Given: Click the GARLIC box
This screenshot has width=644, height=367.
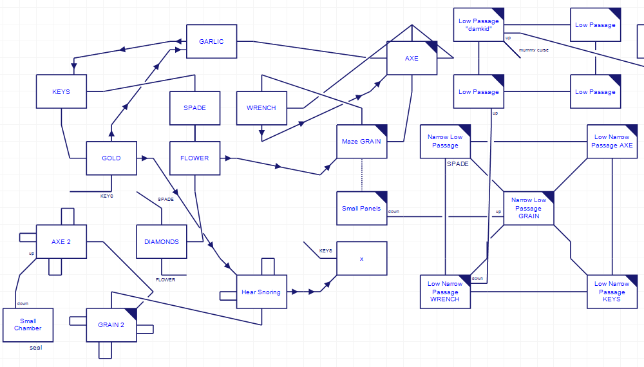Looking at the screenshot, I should click(211, 42).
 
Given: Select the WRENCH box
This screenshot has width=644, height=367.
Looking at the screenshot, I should click(261, 108).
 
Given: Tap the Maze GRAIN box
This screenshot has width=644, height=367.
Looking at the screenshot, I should click(361, 142).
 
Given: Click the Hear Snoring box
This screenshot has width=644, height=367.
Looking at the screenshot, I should click(261, 292).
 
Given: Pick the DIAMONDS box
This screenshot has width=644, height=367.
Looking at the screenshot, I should click(162, 241).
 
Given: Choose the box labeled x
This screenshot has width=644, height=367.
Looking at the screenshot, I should click(361, 258).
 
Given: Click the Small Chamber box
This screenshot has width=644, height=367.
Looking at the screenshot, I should click(28, 325).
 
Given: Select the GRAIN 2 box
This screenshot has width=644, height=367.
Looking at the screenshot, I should click(111, 325).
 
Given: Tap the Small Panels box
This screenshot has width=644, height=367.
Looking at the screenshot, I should click(361, 208).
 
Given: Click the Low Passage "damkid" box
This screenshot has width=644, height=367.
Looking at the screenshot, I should click(478, 25).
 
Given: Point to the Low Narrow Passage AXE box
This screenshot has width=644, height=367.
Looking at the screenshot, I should click(612, 141).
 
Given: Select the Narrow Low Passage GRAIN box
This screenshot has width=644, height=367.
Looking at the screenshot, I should click(528, 208).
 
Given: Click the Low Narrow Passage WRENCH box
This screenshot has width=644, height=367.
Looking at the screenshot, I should click(445, 291).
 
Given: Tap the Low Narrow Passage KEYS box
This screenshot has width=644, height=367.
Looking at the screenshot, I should click(612, 291).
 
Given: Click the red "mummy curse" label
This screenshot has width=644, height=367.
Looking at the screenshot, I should click(533, 50).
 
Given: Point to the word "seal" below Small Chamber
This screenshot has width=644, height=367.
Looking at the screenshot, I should click(35, 348).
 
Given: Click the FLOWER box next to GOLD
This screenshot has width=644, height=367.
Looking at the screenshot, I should click(194, 158).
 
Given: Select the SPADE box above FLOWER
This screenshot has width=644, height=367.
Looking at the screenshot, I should click(194, 108).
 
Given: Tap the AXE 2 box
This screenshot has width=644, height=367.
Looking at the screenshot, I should click(61, 241).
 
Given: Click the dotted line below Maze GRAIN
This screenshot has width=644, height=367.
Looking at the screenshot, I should click(361, 174).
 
